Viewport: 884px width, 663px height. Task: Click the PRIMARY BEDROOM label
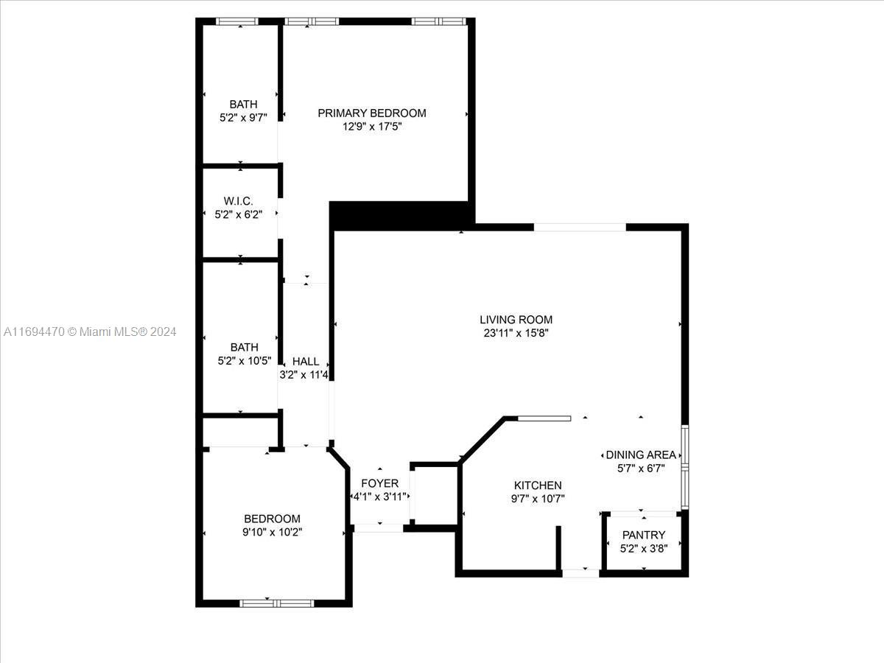tap(372, 113)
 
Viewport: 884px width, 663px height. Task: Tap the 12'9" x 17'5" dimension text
tap(372, 127)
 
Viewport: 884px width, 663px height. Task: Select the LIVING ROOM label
tap(516, 320)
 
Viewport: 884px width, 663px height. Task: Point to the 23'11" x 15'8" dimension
tap(516, 333)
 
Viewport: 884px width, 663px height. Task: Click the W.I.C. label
tap(239, 201)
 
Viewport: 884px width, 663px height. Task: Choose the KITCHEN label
tap(538, 485)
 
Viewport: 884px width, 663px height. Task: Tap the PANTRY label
tap(644, 535)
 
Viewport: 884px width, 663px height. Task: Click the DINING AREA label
tap(641, 455)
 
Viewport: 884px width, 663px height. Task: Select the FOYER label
tap(380, 483)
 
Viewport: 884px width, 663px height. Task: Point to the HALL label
tap(306, 362)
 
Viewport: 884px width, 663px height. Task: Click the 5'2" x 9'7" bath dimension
tap(243, 118)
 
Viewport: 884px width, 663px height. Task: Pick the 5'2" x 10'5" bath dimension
tap(245, 361)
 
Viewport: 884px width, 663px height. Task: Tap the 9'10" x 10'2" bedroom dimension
tap(273, 532)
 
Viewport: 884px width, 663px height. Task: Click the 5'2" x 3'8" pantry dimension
tap(644, 549)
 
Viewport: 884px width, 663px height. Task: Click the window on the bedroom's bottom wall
tap(277, 603)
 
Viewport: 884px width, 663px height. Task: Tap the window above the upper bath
tap(236, 21)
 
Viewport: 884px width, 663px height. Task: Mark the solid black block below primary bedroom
tap(401, 216)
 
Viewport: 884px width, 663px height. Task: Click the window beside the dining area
tap(684, 467)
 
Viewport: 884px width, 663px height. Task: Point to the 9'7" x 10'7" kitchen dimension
tap(538, 499)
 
